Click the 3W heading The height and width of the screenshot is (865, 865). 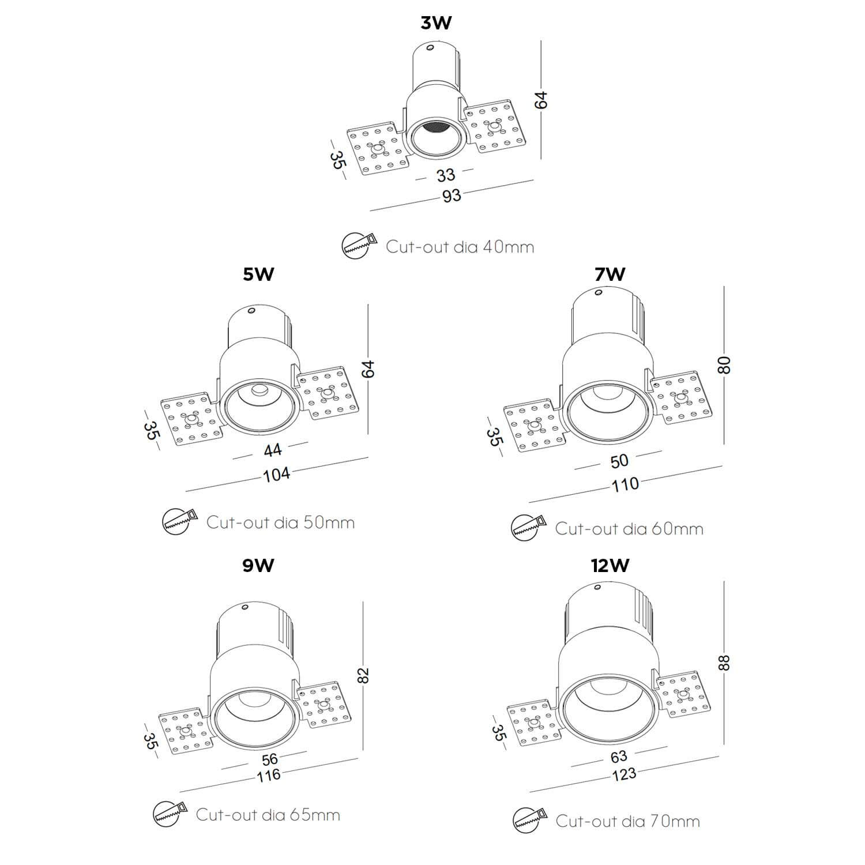pyautogui.click(x=436, y=23)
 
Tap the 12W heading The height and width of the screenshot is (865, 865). pyautogui.click(x=610, y=566)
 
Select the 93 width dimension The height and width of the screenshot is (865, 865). pyautogui.click(x=452, y=195)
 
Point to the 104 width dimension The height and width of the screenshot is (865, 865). pyautogui.click(x=277, y=475)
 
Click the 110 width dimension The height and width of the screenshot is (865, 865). pyautogui.click(x=625, y=484)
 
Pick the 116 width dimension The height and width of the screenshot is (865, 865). pyautogui.click(x=269, y=774)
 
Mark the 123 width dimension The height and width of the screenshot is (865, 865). pyautogui.click(x=624, y=773)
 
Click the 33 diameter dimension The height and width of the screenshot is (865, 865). pyautogui.click(x=445, y=174)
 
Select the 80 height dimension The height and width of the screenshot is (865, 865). pyautogui.click(x=724, y=364)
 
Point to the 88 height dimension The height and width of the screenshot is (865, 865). pyautogui.click(x=724, y=661)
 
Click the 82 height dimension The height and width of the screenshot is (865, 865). pyautogui.click(x=363, y=675)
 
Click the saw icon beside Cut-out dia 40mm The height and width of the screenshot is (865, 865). pyautogui.click(x=358, y=246)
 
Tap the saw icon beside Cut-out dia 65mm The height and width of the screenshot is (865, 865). pyautogui.click(x=170, y=814)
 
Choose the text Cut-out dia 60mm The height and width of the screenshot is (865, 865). pyautogui.click(x=629, y=528)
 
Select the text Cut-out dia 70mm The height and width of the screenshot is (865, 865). pyautogui.click(x=627, y=821)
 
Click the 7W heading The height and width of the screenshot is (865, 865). pyautogui.click(x=610, y=274)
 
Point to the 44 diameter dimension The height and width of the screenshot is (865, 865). pyautogui.click(x=272, y=449)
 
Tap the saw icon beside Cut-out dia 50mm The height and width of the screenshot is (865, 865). pyautogui.click(x=180, y=521)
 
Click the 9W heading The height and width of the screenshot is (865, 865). pyautogui.click(x=258, y=566)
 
